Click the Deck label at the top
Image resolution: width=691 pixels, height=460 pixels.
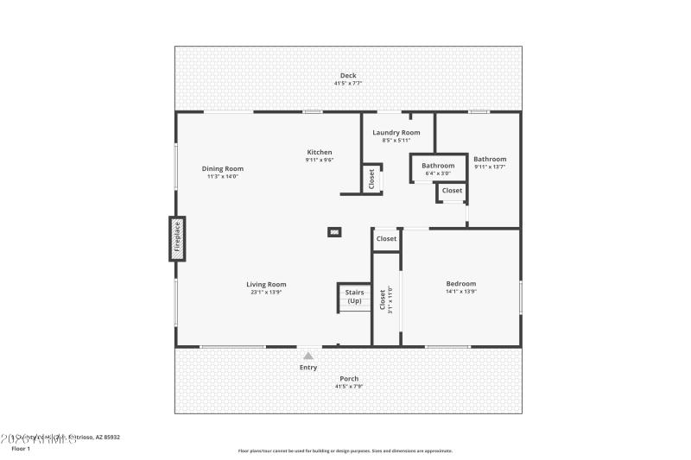point(348,76)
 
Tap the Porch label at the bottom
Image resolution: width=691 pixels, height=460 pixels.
point(348,378)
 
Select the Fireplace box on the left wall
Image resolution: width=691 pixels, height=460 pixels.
point(177,238)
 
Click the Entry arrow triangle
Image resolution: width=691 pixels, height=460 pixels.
point(308,354)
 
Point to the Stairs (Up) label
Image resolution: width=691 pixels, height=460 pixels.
point(354,297)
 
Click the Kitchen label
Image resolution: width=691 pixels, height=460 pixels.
point(319,153)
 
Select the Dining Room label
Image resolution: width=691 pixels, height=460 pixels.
point(222,169)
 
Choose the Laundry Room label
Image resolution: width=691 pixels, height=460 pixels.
point(396,133)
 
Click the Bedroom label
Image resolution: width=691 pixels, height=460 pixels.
point(460,284)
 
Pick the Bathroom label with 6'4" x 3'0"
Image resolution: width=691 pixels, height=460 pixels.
point(438,166)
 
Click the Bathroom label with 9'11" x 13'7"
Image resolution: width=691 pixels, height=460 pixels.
point(490,159)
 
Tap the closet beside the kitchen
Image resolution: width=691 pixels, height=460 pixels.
point(371,179)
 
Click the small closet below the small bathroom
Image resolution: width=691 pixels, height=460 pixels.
point(452,191)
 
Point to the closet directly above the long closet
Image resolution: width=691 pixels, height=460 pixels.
point(386,239)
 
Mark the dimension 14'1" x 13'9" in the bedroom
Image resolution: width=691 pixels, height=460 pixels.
point(460,292)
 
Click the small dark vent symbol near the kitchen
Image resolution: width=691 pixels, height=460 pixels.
point(333,231)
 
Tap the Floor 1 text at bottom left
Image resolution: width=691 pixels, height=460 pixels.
point(20,449)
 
